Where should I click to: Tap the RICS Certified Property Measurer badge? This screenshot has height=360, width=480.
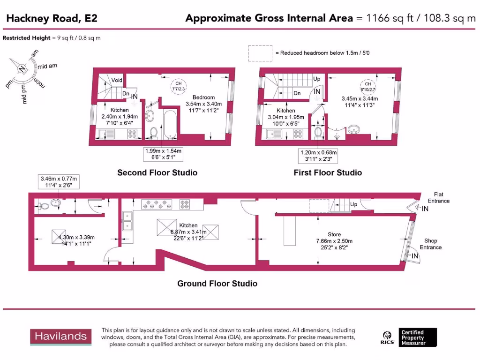click(x=409, y=337)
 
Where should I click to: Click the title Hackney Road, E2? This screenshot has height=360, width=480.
click(x=52, y=19)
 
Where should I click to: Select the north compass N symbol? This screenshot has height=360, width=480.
click(x=22, y=69)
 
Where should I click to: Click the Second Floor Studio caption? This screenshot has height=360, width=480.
click(x=157, y=172)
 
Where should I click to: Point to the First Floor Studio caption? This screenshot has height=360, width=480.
click(x=328, y=172)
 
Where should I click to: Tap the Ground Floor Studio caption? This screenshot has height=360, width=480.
click(x=217, y=283)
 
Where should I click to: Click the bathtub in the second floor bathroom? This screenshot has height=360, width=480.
click(x=170, y=124)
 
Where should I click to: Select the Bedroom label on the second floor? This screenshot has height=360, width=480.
click(x=203, y=97)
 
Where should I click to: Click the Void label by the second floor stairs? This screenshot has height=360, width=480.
click(x=117, y=80)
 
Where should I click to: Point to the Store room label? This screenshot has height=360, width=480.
click(x=334, y=234)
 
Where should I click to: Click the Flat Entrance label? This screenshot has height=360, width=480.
click(x=438, y=197)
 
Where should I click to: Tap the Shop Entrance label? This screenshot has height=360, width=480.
click(x=430, y=244)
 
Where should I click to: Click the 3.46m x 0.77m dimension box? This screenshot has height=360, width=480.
click(x=59, y=182)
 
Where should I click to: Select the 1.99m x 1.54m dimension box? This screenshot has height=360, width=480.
click(x=163, y=154)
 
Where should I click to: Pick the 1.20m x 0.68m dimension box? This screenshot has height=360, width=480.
click(x=318, y=156)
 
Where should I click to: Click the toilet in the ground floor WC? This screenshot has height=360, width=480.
click(x=43, y=205)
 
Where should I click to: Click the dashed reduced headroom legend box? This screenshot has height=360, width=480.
click(x=260, y=53)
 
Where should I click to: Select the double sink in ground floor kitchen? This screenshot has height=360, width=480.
click(x=127, y=221)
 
